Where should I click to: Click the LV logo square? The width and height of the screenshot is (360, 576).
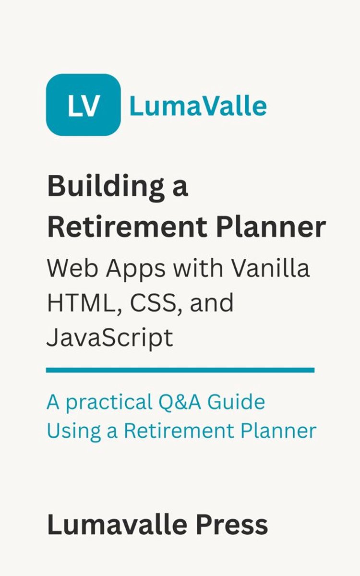[83, 105]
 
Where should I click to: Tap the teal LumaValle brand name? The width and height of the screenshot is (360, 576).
[198, 106]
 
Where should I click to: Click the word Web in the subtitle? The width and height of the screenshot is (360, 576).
[67, 269]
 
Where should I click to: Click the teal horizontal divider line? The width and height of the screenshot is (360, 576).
[180, 370]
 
